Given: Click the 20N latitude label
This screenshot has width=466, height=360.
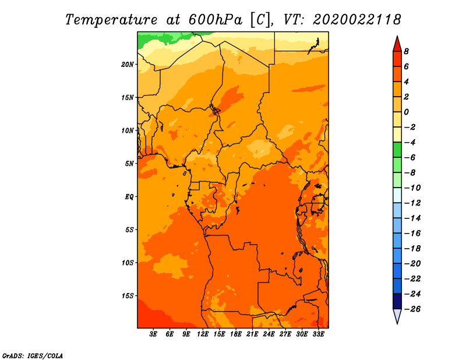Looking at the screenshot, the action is [128, 65].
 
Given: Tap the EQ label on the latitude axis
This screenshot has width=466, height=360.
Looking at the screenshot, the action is [129, 197].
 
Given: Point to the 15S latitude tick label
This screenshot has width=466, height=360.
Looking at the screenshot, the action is [128, 296].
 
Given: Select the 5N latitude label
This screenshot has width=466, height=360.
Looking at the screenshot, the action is [129, 164].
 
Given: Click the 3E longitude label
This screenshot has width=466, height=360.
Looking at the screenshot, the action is [153, 334].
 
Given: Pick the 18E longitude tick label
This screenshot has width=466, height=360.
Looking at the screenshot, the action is [236, 334].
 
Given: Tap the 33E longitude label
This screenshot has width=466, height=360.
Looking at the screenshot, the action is [318, 334].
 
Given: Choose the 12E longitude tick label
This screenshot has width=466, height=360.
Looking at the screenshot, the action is [203, 334].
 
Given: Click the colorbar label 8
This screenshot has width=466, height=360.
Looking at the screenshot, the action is [406, 51].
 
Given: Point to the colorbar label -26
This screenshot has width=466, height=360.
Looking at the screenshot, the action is [412, 309].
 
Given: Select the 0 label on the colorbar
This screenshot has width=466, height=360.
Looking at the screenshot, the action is [406, 112].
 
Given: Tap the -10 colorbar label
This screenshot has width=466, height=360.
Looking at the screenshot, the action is [412, 188].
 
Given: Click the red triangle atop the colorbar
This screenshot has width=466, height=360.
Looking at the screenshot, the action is [397, 45].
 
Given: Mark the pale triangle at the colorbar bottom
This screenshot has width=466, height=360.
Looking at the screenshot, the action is [397, 315].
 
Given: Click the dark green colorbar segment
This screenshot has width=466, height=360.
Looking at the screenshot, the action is [397, 150].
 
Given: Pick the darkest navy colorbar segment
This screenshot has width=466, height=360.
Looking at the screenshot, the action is [397, 301].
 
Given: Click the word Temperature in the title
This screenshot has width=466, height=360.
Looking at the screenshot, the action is [111, 20].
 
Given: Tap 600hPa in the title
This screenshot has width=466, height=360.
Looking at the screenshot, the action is [216, 20].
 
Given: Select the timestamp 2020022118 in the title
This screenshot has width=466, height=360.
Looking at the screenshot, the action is [357, 20].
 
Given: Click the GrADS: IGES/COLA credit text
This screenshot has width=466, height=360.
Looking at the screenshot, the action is [33, 355].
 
